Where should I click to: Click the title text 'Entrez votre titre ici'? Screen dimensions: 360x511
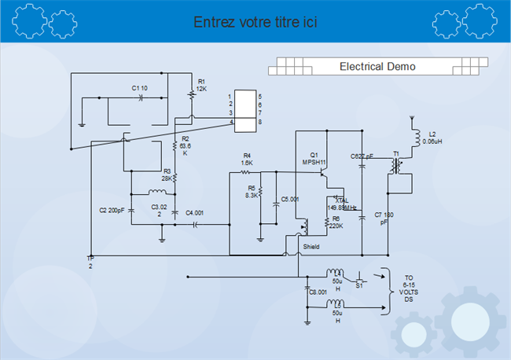[x=255, y=22]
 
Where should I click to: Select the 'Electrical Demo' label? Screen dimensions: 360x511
[x=377, y=67]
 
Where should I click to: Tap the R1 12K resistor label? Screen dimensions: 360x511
[x=202, y=85]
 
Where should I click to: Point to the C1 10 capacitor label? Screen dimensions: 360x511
[x=139, y=87]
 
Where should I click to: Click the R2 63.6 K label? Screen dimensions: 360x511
[x=186, y=145]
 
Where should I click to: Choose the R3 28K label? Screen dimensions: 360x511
[x=167, y=174]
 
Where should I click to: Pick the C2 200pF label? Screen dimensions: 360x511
[x=112, y=211]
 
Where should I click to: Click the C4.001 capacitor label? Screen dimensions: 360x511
[x=194, y=212]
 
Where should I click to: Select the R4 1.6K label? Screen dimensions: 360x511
[x=247, y=159]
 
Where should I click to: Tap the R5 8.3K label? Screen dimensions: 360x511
[x=252, y=191]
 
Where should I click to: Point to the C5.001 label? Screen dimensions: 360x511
[x=290, y=200]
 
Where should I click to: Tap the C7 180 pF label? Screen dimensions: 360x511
[x=384, y=218]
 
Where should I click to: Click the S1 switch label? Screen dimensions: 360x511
[x=359, y=285]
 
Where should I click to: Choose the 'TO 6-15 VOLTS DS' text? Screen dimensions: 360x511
[x=409, y=289]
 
